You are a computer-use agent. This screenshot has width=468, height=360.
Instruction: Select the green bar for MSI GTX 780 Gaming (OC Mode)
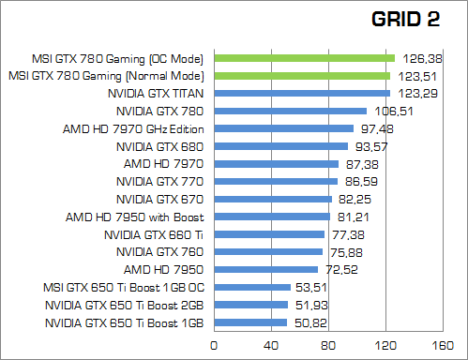[x=306, y=57]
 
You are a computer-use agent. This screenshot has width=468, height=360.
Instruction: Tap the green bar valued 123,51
[x=303, y=75]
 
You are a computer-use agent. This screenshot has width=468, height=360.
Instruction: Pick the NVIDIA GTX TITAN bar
[x=303, y=93]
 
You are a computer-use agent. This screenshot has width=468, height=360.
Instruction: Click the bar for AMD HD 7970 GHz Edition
[x=285, y=128]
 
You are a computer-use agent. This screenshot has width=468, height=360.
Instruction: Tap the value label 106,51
[x=386, y=112]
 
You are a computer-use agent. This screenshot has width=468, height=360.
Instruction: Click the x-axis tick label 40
[x=273, y=346]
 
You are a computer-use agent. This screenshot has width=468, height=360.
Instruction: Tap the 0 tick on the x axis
[x=217, y=346]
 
